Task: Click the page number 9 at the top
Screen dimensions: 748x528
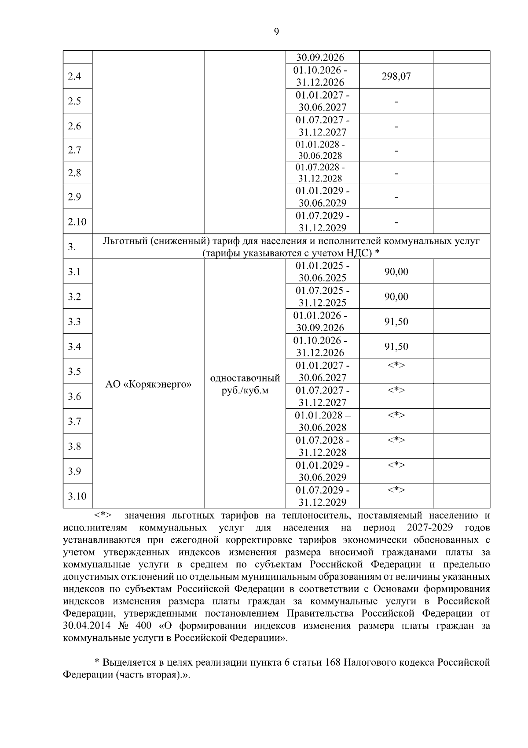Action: pyautogui.click(x=276, y=31)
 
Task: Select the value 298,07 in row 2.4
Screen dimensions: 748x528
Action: pyautogui.click(x=396, y=76)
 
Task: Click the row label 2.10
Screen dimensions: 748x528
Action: pyautogui.click(x=77, y=222)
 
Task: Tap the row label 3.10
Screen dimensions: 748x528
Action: pyautogui.click(x=77, y=496)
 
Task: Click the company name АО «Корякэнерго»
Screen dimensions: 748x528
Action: pyautogui.click(x=148, y=384)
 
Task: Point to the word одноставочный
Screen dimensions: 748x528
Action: pyautogui.click(x=245, y=378)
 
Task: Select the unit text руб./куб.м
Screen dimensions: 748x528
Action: pyautogui.click(x=245, y=391)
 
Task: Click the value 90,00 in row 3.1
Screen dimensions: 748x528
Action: pyautogui.click(x=396, y=272)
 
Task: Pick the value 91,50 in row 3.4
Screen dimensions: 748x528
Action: pyautogui.click(x=396, y=347)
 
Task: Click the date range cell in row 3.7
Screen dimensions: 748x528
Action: pyautogui.click(x=323, y=421)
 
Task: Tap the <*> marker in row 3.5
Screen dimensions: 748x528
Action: pyautogui.click(x=396, y=365)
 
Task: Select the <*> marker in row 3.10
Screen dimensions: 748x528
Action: pyautogui.click(x=396, y=490)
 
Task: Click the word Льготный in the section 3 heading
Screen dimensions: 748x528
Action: pyautogui.click(x=121, y=241)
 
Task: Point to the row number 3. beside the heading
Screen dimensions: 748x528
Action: pyautogui.click(x=72, y=247)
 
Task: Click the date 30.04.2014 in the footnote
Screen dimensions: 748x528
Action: pyautogui.click(x=85, y=626)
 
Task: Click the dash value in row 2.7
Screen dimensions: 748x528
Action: pyautogui.click(x=396, y=151)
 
